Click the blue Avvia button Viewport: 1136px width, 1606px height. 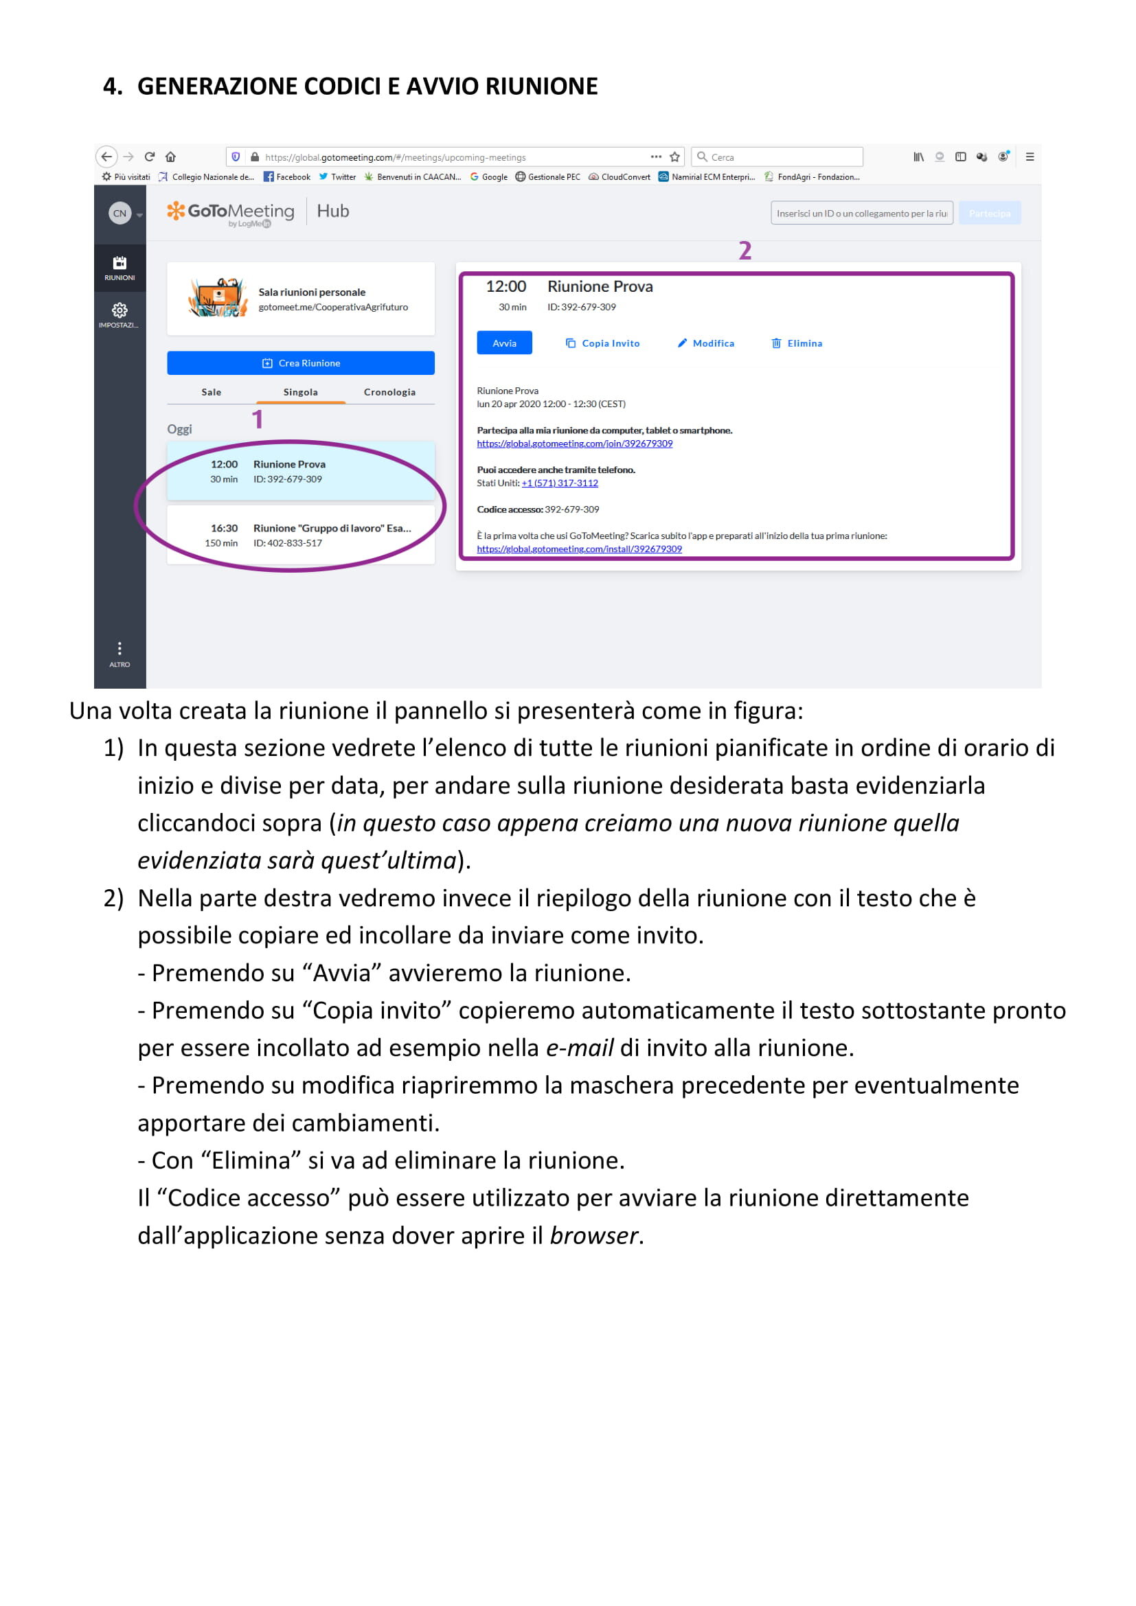pyautogui.click(x=503, y=343)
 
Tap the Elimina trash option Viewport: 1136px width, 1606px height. pyautogui.click(x=797, y=343)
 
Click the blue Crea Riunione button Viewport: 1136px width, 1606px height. pyautogui.click(x=300, y=363)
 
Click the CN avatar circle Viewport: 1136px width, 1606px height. pyautogui.click(x=120, y=214)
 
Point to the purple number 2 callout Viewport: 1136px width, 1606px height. pyautogui.click(x=745, y=251)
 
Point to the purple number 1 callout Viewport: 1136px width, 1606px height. pyautogui.click(x=258, y=419)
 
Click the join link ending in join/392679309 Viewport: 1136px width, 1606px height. pyautogui.click(x=574, y=444)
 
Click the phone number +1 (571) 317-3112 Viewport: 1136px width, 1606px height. pyautogui.click(x=560, y=483)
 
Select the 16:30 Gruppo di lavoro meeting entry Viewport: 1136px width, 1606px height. pyautogui.click(x=300, y=535)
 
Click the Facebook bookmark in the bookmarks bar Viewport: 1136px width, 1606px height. pyautogui.click(x=288, y=177)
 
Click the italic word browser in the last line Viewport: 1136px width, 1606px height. pyautogui.click(x=594, y=1236)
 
